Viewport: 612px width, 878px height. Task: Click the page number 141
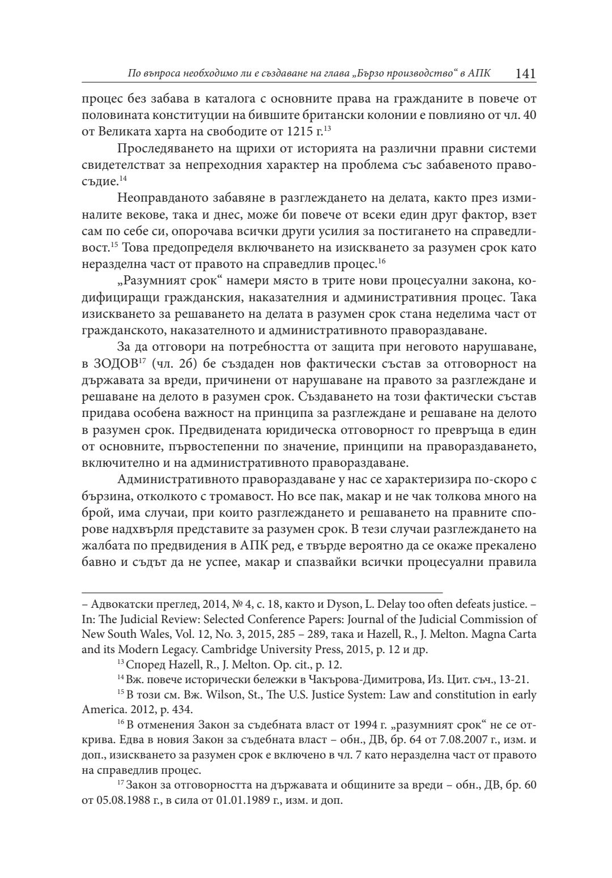[x=525, y=74]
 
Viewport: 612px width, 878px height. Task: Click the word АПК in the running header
[x=481, y=74]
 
